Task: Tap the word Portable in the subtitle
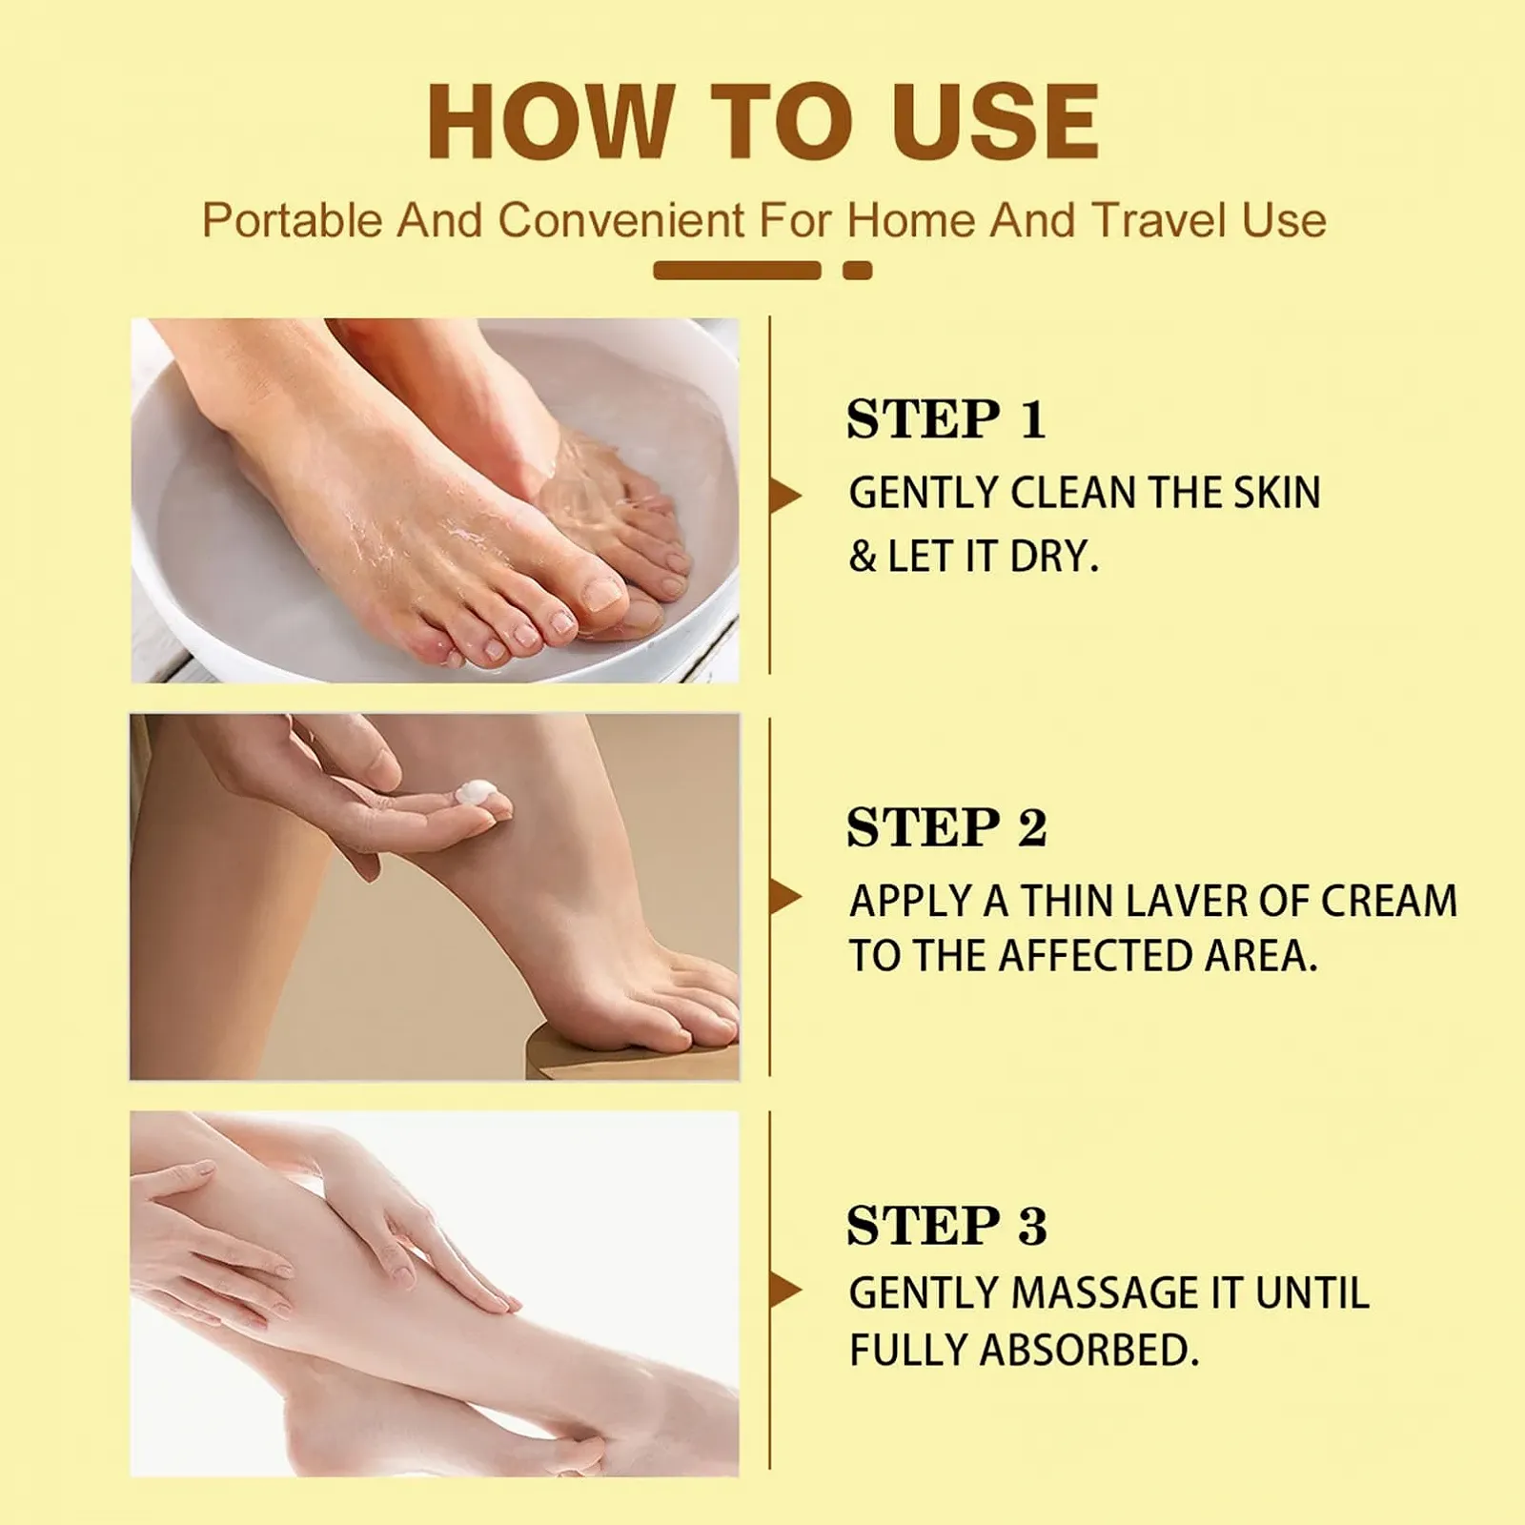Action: click(293, 220)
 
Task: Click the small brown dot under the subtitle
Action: click(858, 271)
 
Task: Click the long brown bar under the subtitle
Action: click(737, 271)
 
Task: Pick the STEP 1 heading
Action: click(946, 419)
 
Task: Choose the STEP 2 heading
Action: click(946, 826)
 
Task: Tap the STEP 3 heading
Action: click(946, 1225)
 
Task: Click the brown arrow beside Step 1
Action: click(785, 496)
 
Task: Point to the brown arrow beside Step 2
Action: click(785, 897)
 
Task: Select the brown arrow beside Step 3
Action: click(785, 1291)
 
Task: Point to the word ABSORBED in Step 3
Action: click(1088, 1351)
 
